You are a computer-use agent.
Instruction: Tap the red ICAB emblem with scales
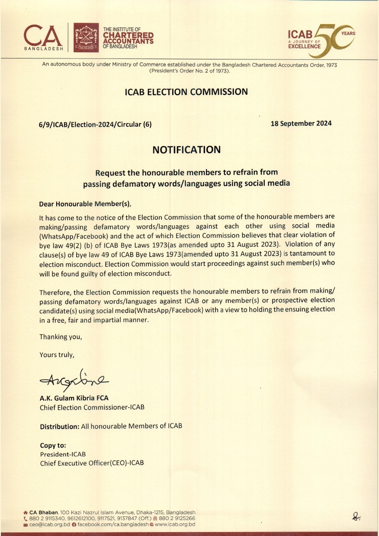(x=86, y=37)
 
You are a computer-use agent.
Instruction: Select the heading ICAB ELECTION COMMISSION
(x=186, y=92)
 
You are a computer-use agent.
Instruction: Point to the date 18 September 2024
(x=301, y=124)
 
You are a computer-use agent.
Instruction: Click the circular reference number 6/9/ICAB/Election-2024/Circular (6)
(x=95, y=125)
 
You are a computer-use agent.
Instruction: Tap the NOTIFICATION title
(x=186, y=150)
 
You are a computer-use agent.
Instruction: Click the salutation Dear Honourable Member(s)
(x=86, y=204)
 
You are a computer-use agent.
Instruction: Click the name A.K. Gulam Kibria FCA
(x=74, y=398)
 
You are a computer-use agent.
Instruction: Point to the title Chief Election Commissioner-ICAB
(x=92, y=407)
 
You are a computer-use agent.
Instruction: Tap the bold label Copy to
(x=53, y=445)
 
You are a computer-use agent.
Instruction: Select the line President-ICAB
(x=63, y=454)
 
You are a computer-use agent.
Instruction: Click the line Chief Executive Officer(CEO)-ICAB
(x=92, y=463)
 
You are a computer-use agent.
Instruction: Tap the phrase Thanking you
(x=61, y=337)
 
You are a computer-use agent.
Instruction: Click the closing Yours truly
(x=57, y=355)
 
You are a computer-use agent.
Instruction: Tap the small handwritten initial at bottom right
(x=356, y=517)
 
